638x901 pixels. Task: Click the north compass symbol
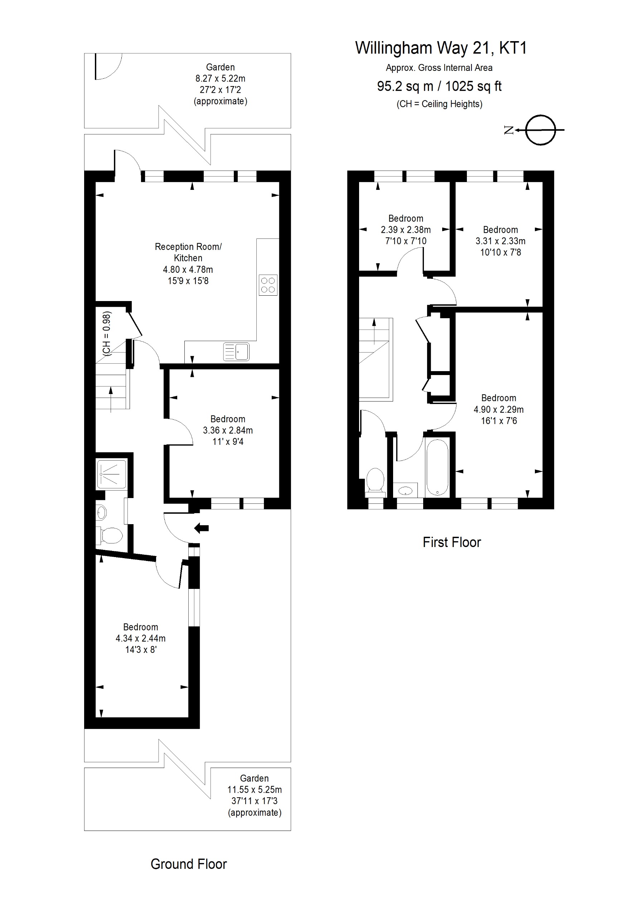(x=541, y=130)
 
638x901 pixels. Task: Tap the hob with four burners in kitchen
(x=268, y=285)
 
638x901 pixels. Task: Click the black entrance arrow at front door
(x=202, y=528)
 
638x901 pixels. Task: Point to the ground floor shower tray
(x=112, y=474)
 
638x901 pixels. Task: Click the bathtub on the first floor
(x=437, y=468)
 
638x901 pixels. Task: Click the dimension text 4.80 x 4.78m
(x=188, y=270)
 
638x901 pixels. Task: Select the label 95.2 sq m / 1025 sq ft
(x=439, y=86)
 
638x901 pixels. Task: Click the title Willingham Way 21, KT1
(x=440, y=48)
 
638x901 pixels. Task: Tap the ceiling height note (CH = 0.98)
(x=106, y=334)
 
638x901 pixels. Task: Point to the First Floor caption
(x=451, y=542)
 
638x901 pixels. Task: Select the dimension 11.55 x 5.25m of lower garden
(x=254, y=789)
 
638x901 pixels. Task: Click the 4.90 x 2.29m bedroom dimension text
(x=498, y=410)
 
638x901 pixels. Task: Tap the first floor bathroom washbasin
(x=405, y=491)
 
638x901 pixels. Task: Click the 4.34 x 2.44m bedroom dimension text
(x=140, y=639)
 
